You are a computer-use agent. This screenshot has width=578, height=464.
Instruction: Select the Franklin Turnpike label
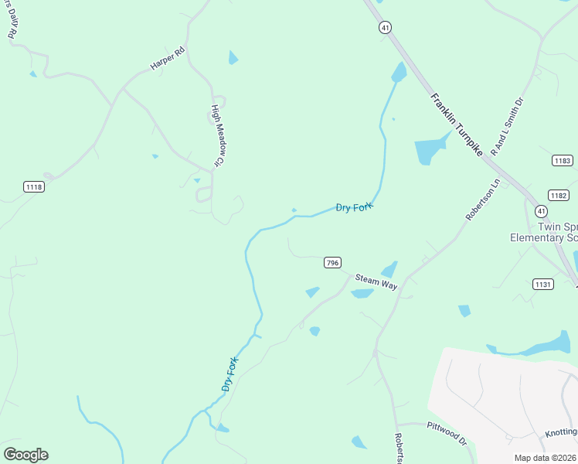click(457, 125)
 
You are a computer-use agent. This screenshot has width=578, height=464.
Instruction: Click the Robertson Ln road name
click(483, 200)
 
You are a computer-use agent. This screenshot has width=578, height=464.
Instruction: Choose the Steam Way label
click(376, 281)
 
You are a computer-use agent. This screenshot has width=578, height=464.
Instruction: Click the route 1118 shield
click(34, 186)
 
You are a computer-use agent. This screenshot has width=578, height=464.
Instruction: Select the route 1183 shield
click(563, 160)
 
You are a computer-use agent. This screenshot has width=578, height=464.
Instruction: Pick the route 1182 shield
click(558, 195)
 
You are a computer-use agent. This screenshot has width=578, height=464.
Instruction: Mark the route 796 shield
click(332, 263)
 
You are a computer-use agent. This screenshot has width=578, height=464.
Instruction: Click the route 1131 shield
click(543, 285)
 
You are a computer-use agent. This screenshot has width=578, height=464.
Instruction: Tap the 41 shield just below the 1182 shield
click(542, 210)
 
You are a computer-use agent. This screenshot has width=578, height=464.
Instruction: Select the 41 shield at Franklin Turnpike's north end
click(384, 27)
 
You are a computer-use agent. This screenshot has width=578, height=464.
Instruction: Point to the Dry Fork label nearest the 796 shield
click(354, 206)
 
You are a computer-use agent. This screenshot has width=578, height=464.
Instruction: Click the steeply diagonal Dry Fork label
click(229, 373)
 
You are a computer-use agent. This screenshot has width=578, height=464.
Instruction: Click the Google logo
click(25, 455)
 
